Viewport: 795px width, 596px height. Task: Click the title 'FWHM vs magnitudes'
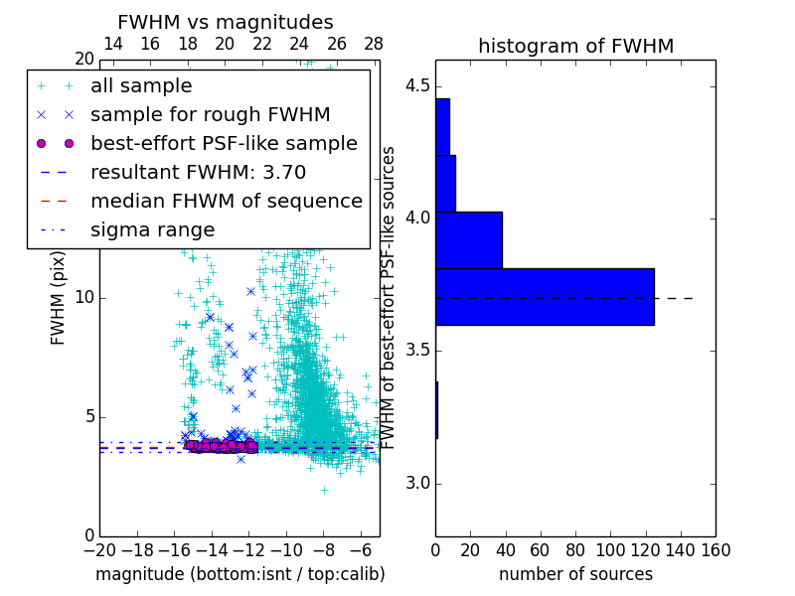coord(226,23)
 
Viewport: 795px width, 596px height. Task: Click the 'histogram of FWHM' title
coord(575,46)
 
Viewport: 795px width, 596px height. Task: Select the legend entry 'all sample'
coord(141,86)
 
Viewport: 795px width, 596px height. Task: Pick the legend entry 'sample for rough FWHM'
coord(210,115)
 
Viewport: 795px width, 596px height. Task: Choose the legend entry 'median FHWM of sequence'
coord(226,202)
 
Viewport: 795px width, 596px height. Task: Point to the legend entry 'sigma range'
coord(152,230)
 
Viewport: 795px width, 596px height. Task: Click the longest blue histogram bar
coord(545,296)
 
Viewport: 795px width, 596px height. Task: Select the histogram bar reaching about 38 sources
coord(468,239)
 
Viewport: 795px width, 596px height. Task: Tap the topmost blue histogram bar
coord(442,126)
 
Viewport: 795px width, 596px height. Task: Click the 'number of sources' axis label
coord(575,574)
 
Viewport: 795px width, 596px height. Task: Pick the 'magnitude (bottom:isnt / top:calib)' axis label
coord(239,574)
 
